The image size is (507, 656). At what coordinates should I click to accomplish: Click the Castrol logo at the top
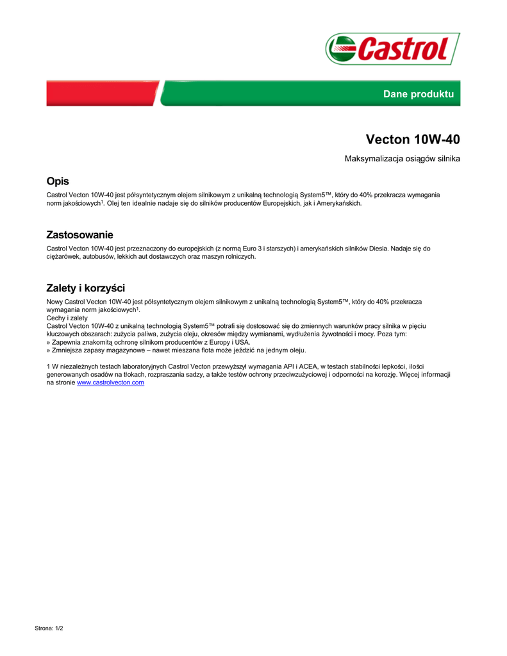click(x=392, y=49)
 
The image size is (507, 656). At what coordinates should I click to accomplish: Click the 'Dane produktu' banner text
click(x=418, y=94)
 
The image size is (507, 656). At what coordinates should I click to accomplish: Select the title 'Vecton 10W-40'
click(x=413, y=139)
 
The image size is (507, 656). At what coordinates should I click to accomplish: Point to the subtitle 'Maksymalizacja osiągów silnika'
click(x=403, y=158)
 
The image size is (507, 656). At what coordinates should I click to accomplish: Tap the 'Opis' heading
click(x=58, y=181)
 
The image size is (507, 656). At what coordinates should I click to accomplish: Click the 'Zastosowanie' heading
click(x=79, y=235)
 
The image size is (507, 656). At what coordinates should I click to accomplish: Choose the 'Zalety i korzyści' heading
click(x=85, y=288)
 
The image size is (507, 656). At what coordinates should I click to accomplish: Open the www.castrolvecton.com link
click(x=110, y=382)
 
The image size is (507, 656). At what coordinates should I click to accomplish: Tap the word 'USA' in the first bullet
click(x=242, y=342)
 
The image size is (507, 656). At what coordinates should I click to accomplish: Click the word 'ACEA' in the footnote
click(x=308, y=366)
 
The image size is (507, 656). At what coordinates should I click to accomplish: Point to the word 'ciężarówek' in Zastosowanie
click(x=63, y=256)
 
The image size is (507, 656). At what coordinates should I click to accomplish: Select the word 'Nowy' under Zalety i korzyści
click(x=54, y=301)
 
